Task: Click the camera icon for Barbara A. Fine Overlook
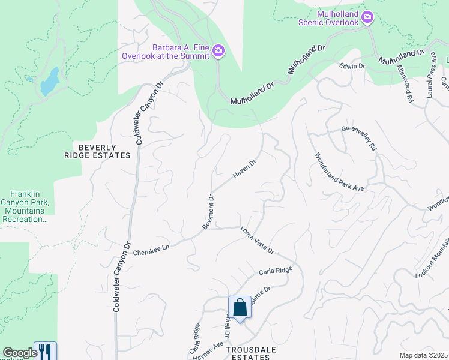[218, 52]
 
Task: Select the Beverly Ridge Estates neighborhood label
[97, 151]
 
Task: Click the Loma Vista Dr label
[257, 239]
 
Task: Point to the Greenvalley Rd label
[358, 137]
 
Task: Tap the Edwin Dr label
[352, 66]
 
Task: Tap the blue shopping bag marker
[240, 308]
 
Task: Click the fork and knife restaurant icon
[46, 351]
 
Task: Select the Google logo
[20, 353]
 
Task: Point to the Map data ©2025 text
[423, 355]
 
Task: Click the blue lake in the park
[49, 82]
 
